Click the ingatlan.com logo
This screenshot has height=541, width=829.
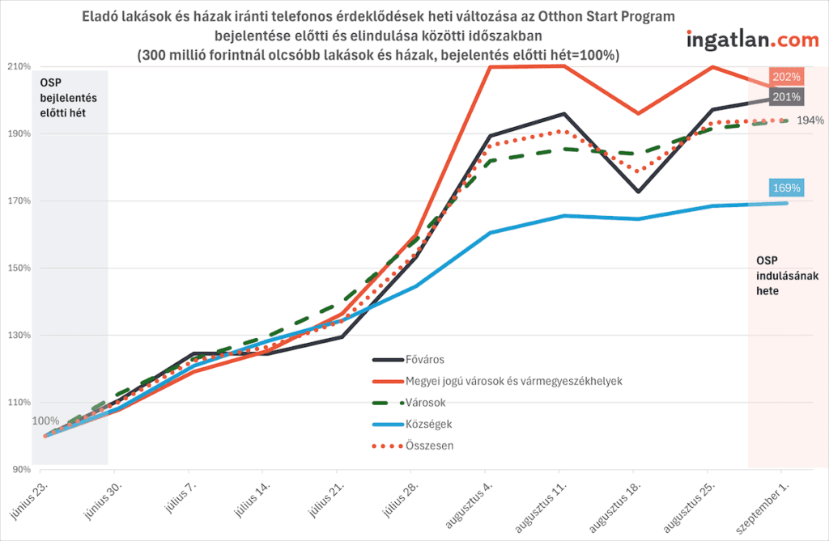click(x=752, y=40)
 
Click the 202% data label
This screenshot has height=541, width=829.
click(x=786, y=78)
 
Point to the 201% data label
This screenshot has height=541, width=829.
click(x=786, y=97)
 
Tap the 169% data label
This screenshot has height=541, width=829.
click(x=786, y=188)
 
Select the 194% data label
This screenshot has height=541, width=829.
click(x=809, y=120)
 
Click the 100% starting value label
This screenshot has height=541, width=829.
click(x=45, y=421)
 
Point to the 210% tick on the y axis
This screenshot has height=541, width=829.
click(x=19, y=66)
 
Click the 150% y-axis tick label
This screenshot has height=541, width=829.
click(x=19, y=268)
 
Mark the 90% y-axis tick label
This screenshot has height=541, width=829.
click(x=22, y=469)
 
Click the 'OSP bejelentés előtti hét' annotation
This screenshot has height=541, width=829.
click(x=63, y=99)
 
